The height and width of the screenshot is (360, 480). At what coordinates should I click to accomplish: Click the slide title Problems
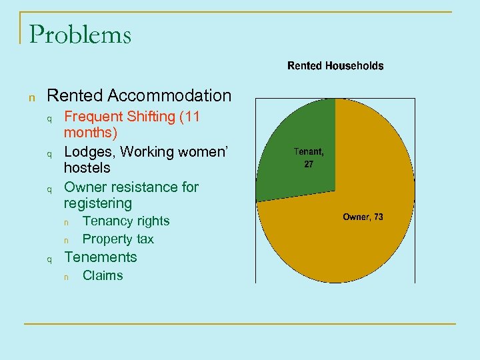[80, 34]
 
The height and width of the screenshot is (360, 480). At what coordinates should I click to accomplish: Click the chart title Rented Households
[335, 65]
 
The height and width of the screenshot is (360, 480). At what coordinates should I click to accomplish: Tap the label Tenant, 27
[309, 157]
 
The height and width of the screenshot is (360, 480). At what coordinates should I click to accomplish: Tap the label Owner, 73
[363, 217]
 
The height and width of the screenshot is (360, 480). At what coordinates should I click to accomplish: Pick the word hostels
[87, 168]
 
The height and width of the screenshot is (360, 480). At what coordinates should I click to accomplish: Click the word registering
[98, 203]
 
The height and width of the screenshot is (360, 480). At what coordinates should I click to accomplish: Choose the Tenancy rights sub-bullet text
[126, 221]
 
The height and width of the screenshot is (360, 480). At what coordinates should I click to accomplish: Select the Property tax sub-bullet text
[118, 239]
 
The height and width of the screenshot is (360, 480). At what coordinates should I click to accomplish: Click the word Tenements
[100, 257]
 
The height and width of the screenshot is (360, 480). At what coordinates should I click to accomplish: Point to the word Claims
[103, 275]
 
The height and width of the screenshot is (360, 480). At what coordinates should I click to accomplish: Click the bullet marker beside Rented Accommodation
[31, 98]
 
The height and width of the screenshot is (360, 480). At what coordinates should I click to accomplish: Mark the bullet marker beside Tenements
[49, 259]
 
